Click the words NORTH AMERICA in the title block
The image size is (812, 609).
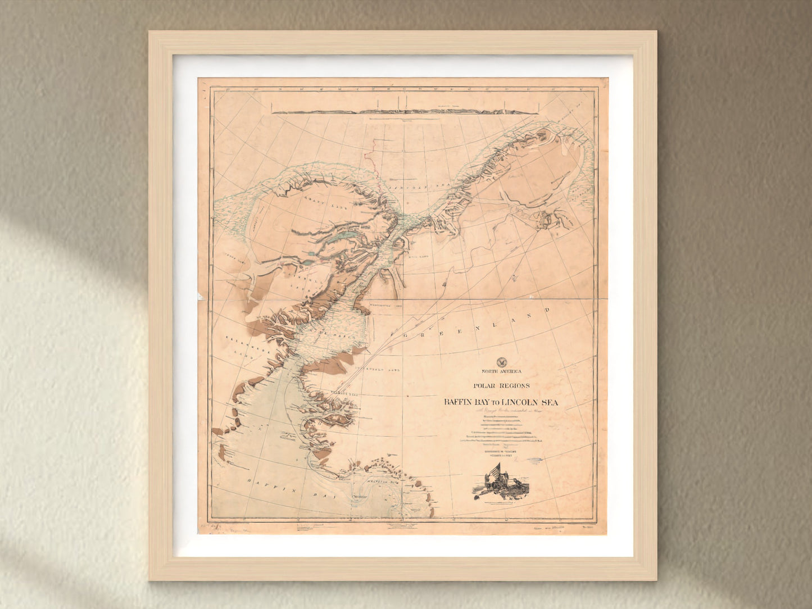(501, 371)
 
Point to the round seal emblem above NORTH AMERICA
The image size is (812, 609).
(501, 362)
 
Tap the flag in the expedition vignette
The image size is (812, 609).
(495, 471)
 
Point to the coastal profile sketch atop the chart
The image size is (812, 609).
(405, 111)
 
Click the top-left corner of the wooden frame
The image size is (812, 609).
(151, 33)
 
